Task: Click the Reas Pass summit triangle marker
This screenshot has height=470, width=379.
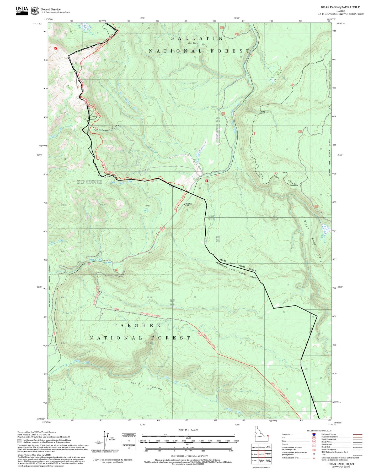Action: click(x=184, y=204)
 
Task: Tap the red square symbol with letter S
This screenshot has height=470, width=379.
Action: click(x=207, y=181)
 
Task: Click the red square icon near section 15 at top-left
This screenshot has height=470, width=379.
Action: click(x=56, y=48)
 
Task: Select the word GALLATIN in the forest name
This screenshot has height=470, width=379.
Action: click(x=197, y=39)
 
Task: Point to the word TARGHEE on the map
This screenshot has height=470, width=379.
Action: click(x=137, y=325)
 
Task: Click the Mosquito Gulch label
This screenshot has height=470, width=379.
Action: click(x=198, y=44)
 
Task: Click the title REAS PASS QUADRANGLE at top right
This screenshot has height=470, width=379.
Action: click(x=340, y=7)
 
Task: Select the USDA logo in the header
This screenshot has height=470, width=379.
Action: click(x=22, y=10)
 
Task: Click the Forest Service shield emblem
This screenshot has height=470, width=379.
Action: click(x=35, y=11)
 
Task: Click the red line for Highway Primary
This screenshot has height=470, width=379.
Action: click(x=357, y=434)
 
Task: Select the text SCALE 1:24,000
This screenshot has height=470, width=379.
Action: click(x=188, y=430)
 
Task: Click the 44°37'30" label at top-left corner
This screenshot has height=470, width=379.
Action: click(x=38, y=24)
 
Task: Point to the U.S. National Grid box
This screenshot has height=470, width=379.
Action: click(x=129, y=441)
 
